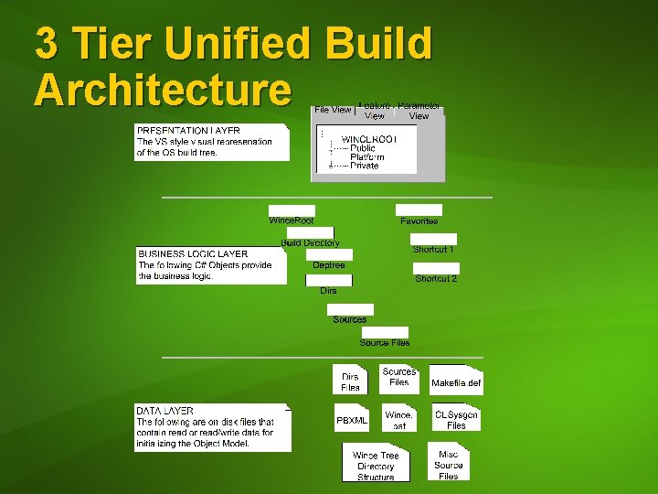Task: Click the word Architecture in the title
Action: click(163, 89)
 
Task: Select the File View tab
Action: click(333, 110)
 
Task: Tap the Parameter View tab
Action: click(419, 111)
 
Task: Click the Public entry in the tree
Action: click(362, 148)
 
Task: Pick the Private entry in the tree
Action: click(364, 166)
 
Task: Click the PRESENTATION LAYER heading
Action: click(189, 131)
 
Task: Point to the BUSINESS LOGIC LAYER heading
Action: click(193, 253)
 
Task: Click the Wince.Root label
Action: click(292, 220)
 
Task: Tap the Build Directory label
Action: click(310, 243)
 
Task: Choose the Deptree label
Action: click(329, 265)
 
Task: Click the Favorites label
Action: click(419, 221)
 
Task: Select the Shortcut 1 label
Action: click(433, 250)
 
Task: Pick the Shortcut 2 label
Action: click(436, 279)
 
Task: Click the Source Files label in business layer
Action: click(385, 342)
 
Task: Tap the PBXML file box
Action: click(352, 421)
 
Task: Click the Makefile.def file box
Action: click(455, 382)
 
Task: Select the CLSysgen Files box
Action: click(456, 420)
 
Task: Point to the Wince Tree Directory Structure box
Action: click(376, 466)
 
